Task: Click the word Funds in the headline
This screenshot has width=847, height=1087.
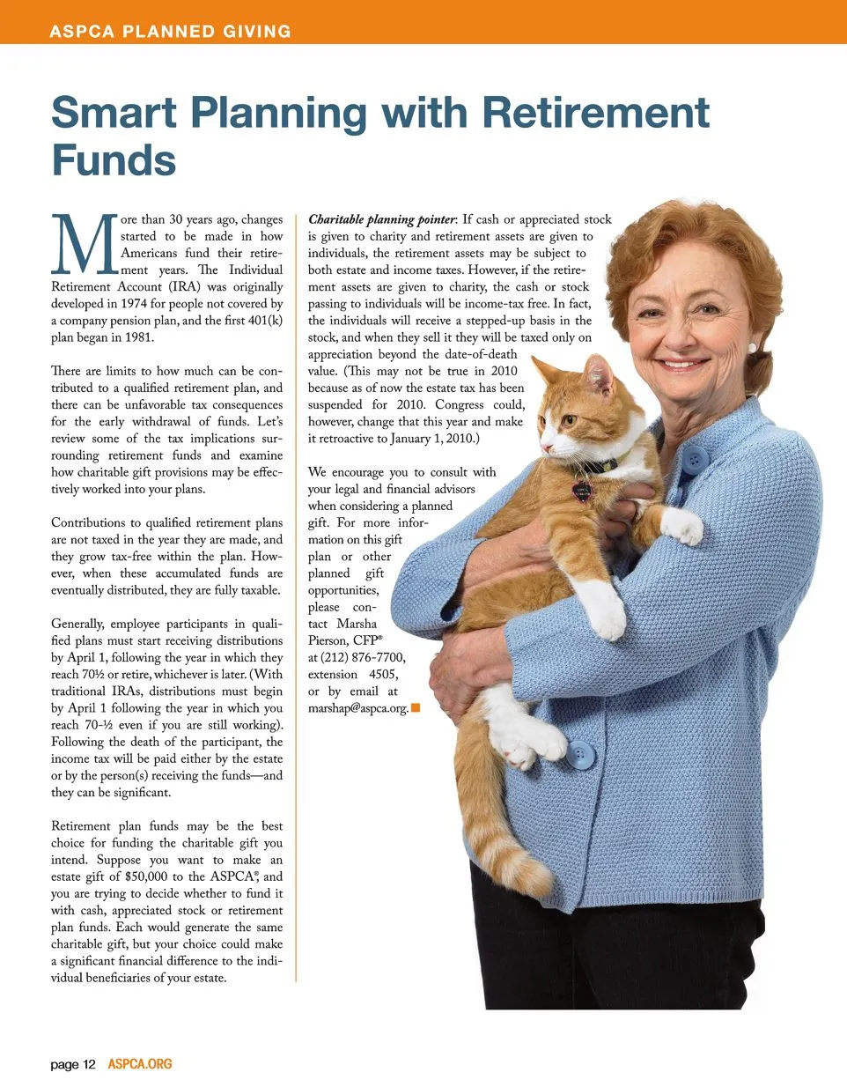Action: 114,160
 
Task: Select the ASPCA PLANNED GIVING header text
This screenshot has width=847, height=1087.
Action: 170,32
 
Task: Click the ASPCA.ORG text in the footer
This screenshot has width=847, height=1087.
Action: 140,1064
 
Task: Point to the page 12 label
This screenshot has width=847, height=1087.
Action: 73,1064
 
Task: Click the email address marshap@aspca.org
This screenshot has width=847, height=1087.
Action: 357,708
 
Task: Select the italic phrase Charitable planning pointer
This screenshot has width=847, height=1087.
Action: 382,219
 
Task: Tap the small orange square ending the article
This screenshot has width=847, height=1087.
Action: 416,707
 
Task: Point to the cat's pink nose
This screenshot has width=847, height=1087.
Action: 545,446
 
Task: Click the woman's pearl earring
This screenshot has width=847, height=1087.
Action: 752,348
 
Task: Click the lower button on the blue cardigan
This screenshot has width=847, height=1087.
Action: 579,755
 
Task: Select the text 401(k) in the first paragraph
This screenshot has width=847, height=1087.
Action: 264,321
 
